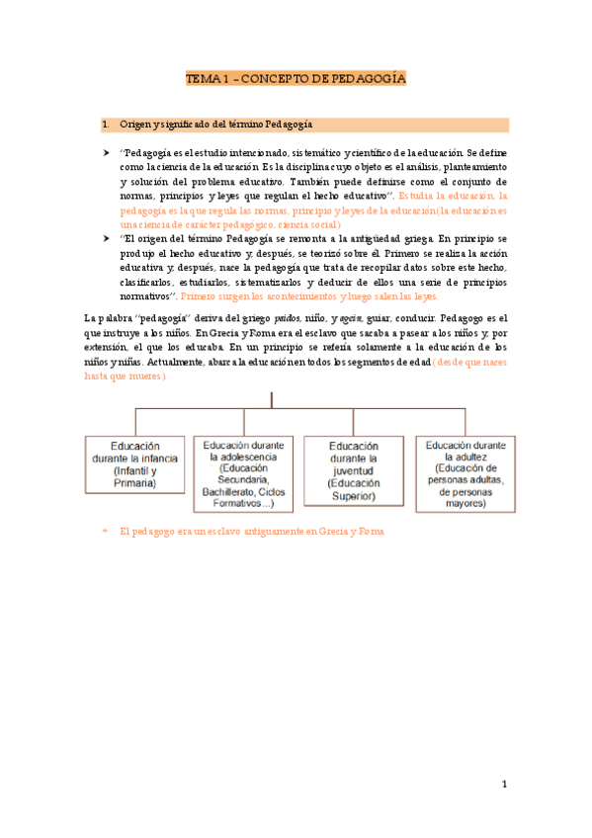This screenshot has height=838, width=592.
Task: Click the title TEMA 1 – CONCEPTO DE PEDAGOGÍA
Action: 296,79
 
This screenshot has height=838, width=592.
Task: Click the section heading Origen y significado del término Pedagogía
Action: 215,126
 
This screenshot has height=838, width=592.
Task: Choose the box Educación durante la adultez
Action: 465,473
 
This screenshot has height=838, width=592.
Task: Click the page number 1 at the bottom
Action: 503,785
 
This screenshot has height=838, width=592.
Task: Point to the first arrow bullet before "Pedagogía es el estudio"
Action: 107,154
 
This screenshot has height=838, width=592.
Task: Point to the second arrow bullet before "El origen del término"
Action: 107,239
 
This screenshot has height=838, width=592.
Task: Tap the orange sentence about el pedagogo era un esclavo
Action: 251,532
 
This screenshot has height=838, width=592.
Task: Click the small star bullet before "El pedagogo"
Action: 107,532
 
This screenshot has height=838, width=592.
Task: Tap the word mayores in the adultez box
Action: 465,504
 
